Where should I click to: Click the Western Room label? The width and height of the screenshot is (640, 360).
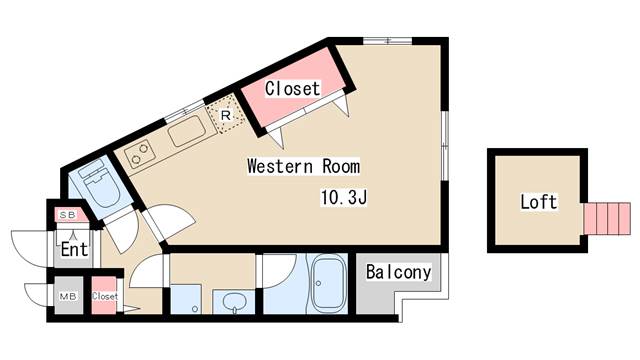point(304,167)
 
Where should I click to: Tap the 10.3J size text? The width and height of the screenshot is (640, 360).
point(344,198)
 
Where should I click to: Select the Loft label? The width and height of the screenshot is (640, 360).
point(538,202)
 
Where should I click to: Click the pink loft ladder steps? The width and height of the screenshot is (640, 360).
point(607,218)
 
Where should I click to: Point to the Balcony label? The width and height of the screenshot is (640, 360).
point(398,272)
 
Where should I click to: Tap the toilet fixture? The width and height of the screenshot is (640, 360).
point(98,184)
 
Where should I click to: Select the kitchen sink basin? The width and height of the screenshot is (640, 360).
point(188,131)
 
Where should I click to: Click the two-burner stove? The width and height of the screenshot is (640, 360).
point(139,153)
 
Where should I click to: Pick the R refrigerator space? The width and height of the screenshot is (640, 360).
point(226,115)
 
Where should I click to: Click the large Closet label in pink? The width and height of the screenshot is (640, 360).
point(292,89)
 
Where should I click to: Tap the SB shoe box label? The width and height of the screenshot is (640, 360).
point(67,215)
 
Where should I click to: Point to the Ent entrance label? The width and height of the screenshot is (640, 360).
point(74,249)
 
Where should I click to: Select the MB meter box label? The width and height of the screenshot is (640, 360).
point(68,296)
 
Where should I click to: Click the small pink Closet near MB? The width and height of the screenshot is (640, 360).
point(104,296)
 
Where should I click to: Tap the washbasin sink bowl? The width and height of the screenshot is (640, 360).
point(234,303)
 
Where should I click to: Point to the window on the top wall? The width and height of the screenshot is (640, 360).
point(387,41)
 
